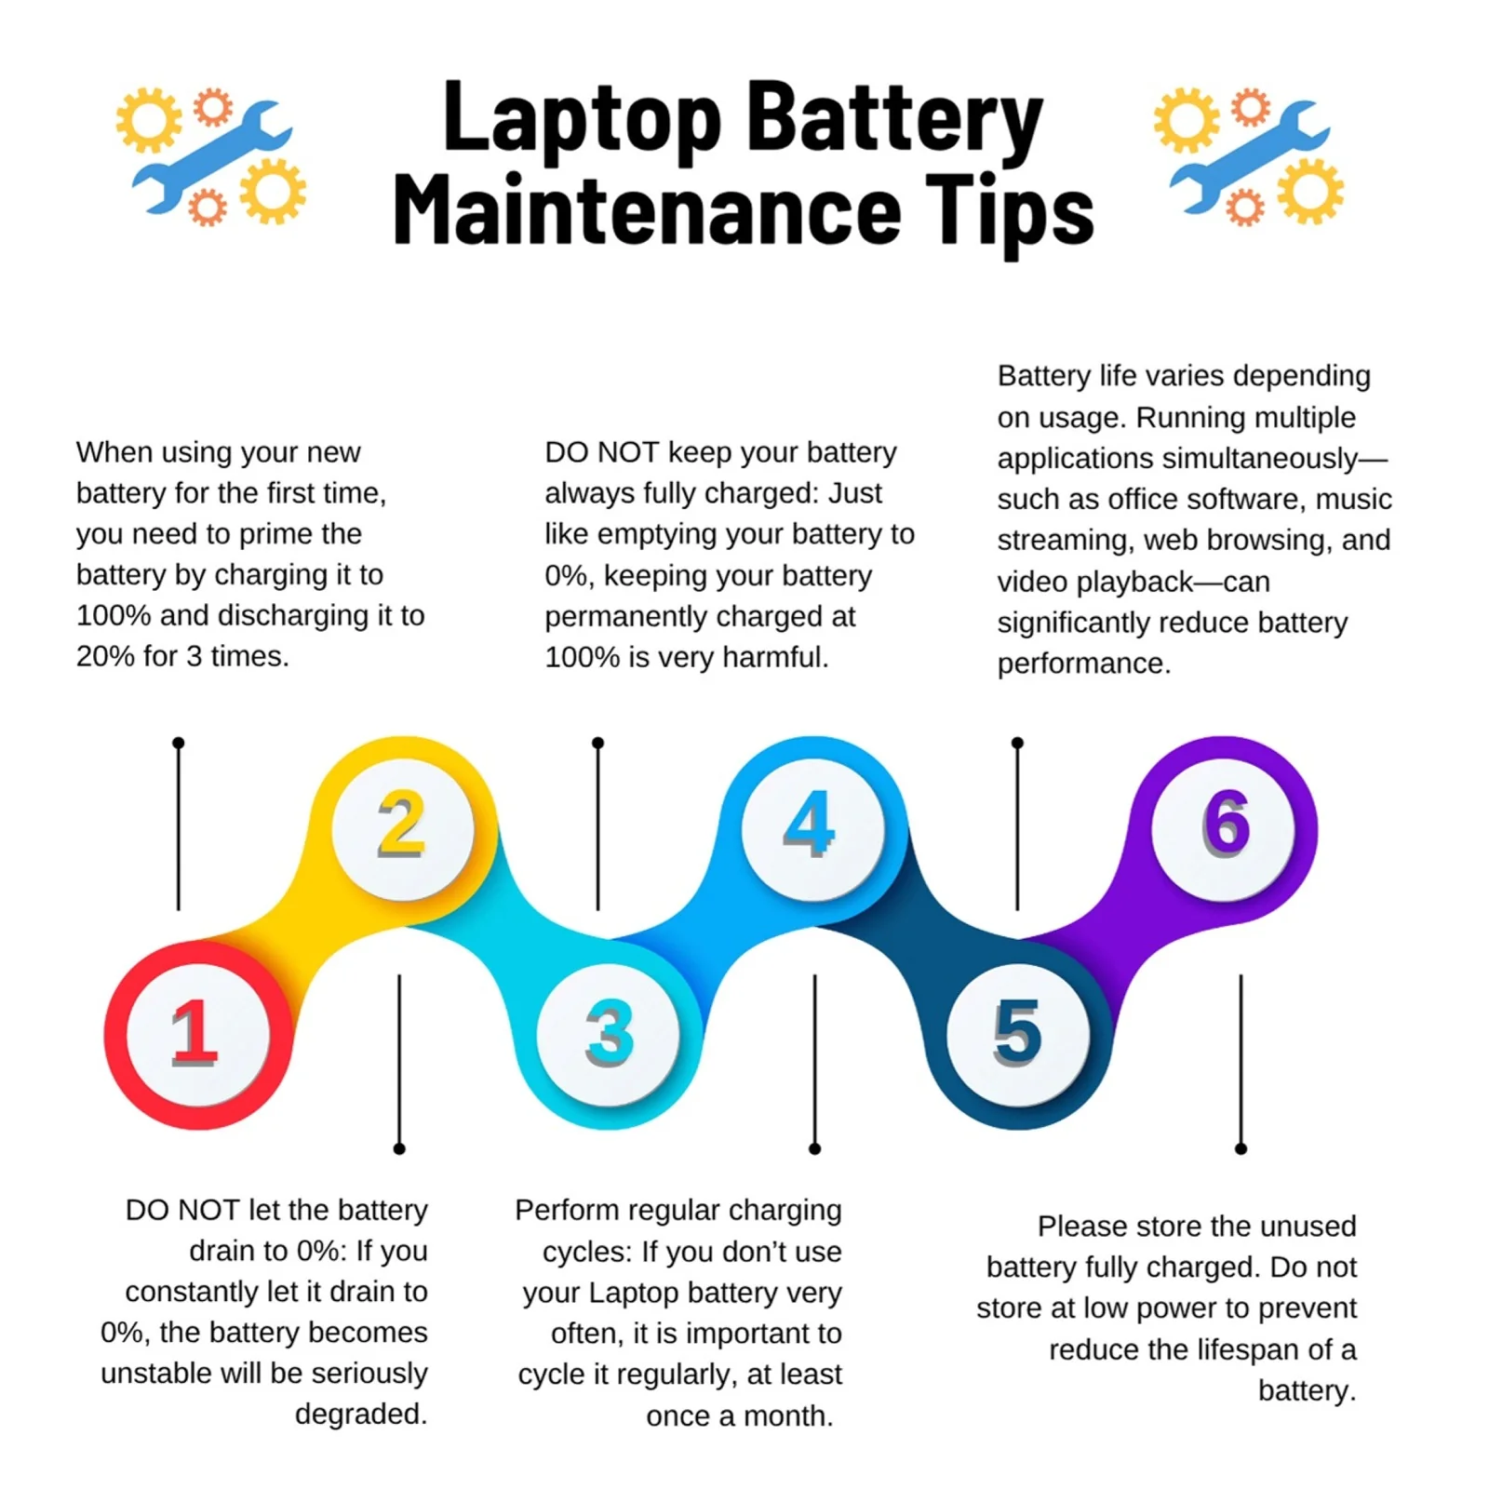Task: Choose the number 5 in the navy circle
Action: click(1017, 1034)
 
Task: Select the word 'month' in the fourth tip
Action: click(787, 1415)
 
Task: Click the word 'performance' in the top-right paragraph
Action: click(1083, 664)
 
